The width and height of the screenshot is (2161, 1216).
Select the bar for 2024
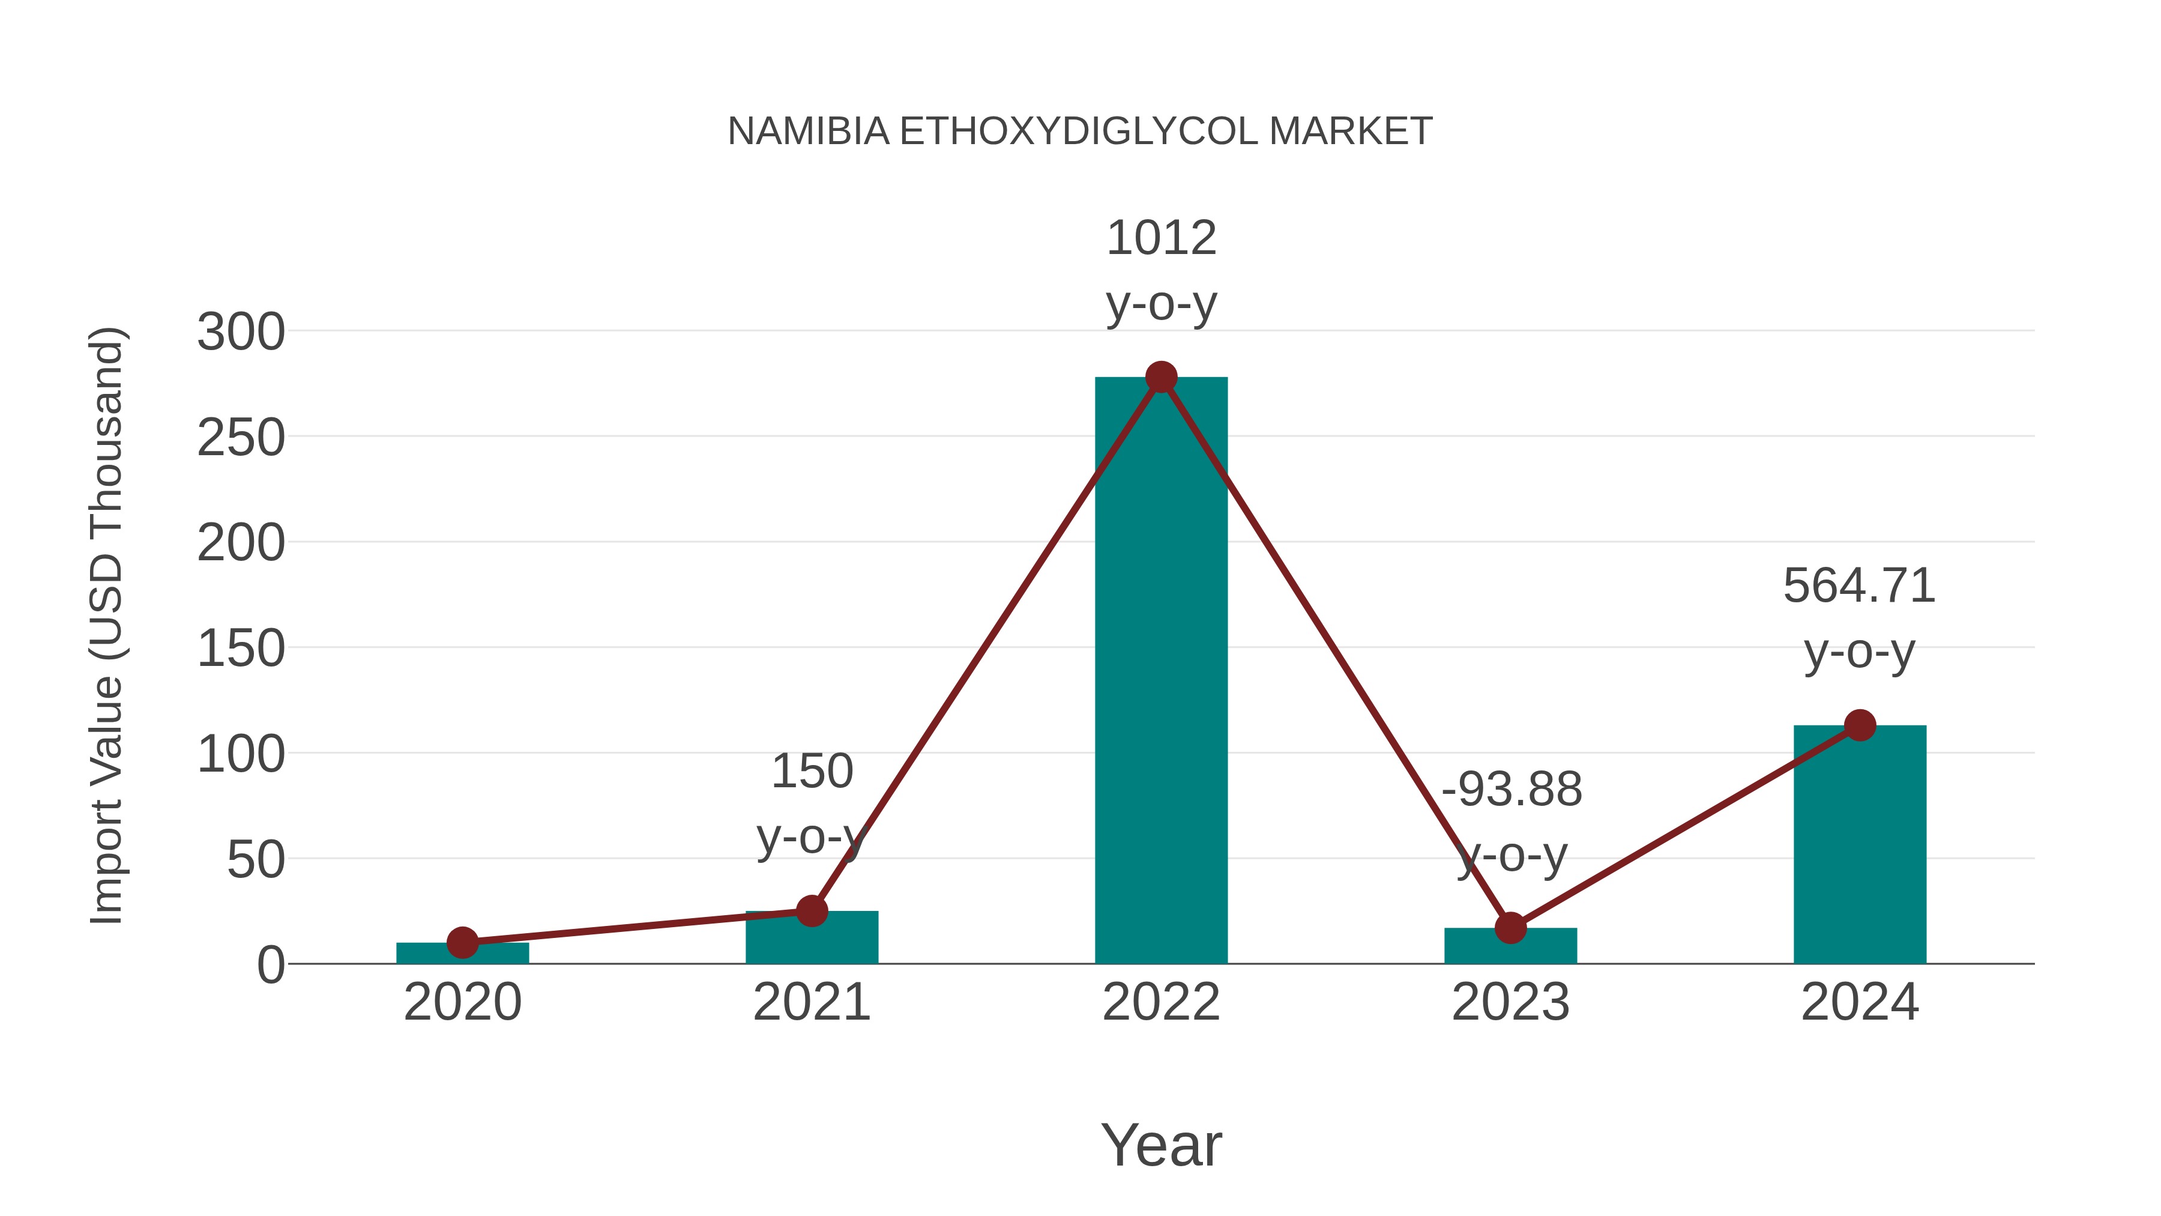(1860, 847)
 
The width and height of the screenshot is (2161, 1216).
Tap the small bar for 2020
(462, 954)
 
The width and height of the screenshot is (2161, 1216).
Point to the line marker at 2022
(1161, 378)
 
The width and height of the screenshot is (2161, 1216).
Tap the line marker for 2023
(1510, 928)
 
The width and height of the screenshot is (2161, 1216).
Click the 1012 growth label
(1161, 238)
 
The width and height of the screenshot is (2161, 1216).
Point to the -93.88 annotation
(1511, 790)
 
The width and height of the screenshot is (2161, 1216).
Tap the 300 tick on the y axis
(241, 332)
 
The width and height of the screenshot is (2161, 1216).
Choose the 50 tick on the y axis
(256, 860)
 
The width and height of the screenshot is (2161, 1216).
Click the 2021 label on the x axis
(811, 1002)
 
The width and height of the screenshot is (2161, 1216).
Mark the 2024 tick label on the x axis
(1859, 1002)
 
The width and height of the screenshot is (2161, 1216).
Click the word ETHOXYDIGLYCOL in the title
(1079, 132)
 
